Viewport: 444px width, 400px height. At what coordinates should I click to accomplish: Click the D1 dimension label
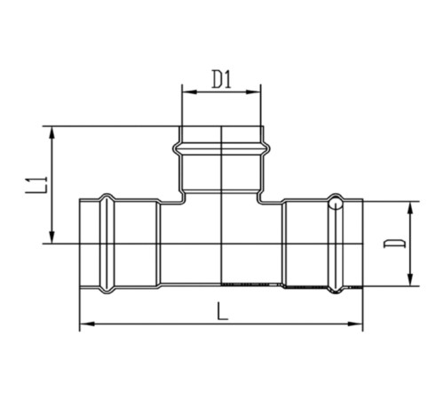(222, 79)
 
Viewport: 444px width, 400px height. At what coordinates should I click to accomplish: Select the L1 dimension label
(36, 185)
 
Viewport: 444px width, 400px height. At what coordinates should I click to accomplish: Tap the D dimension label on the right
(395, 243)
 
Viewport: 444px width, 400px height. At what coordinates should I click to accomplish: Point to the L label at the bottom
(222, 311)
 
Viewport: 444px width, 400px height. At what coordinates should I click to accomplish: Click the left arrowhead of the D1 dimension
(189, 92)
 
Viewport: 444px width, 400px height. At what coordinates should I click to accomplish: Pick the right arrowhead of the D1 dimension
(254, 92)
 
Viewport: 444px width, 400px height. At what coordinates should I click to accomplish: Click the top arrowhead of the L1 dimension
(52, 134)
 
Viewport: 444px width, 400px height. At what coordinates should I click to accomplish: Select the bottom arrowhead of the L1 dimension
(52, 236)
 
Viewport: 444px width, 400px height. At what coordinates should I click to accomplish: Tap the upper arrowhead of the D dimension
(410, 209)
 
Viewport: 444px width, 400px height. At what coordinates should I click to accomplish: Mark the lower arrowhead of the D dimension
(410, 279)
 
